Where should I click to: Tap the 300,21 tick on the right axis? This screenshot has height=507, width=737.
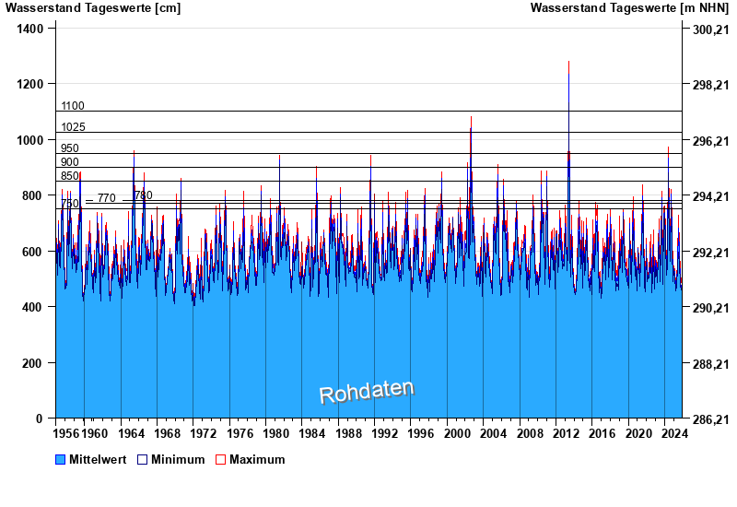point(709,29)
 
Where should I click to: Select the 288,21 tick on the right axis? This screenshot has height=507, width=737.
point(709,364)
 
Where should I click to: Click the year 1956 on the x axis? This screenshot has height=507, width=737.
point(65,432)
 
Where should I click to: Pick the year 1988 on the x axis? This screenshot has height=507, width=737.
point(348,432)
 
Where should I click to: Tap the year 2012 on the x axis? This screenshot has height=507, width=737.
point(565,432)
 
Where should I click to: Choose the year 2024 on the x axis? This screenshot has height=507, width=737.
point(673,432)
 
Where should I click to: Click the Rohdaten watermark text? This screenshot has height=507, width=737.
point(367,392)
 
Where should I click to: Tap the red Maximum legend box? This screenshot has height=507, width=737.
point(220,460)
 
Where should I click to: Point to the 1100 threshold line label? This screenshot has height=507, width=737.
point(73,106)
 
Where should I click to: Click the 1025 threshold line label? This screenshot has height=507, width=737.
point(73,127)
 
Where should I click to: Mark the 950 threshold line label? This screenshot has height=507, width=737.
point(70,148)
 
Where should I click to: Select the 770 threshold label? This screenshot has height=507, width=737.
point(107,198)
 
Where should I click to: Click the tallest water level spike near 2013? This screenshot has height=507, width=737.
point(568,63)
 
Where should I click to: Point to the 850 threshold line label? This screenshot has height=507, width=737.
point(70,176)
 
